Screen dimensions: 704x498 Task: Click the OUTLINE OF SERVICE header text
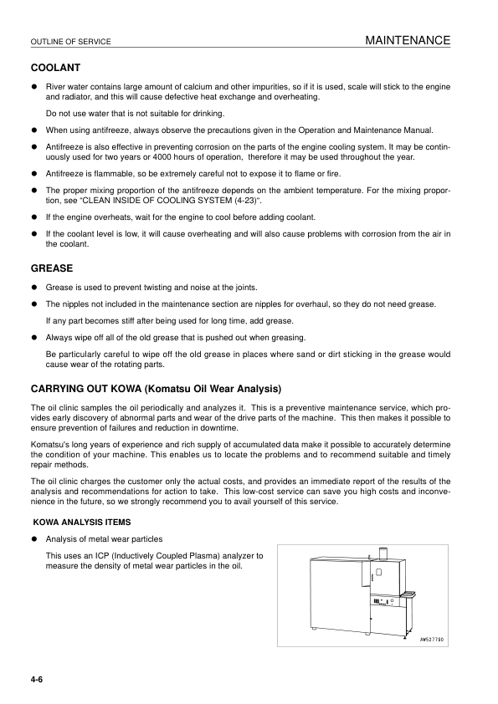[x=70, y=42]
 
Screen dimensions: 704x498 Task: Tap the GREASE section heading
[x=52, y=269]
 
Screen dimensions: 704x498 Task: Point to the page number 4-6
[x=37, y=678]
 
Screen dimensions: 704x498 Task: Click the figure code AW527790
[x=431, y=640]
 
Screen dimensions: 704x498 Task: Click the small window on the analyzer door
[x=378, y=573]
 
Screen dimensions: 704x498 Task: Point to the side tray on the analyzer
[x=408, y=594]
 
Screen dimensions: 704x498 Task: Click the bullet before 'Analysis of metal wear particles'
[x=34, y=538]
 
